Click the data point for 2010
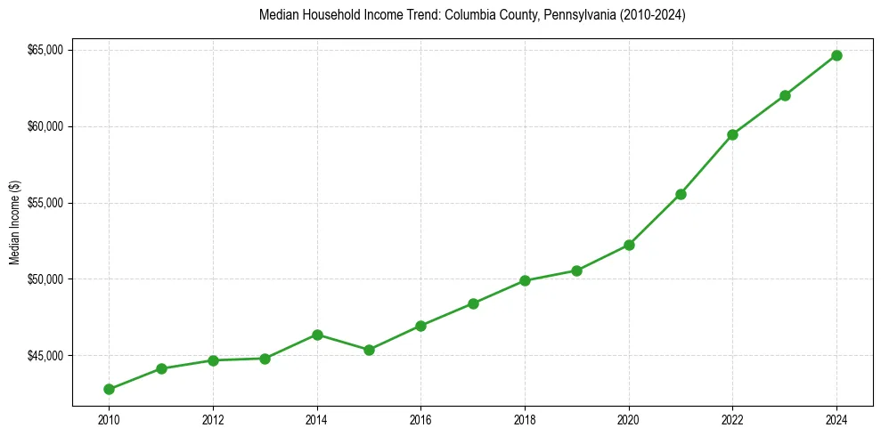109,389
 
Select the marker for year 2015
369,350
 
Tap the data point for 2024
836,55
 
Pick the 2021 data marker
681,194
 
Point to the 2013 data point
265,359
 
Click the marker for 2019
576,270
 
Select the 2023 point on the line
785,95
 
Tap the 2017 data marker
473,303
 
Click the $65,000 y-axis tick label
45,50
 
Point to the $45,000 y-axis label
45,356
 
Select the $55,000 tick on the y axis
45,203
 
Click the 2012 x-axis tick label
213,419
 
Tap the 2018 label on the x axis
525,419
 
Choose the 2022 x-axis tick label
732,419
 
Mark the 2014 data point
317,335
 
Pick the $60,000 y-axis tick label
45,126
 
